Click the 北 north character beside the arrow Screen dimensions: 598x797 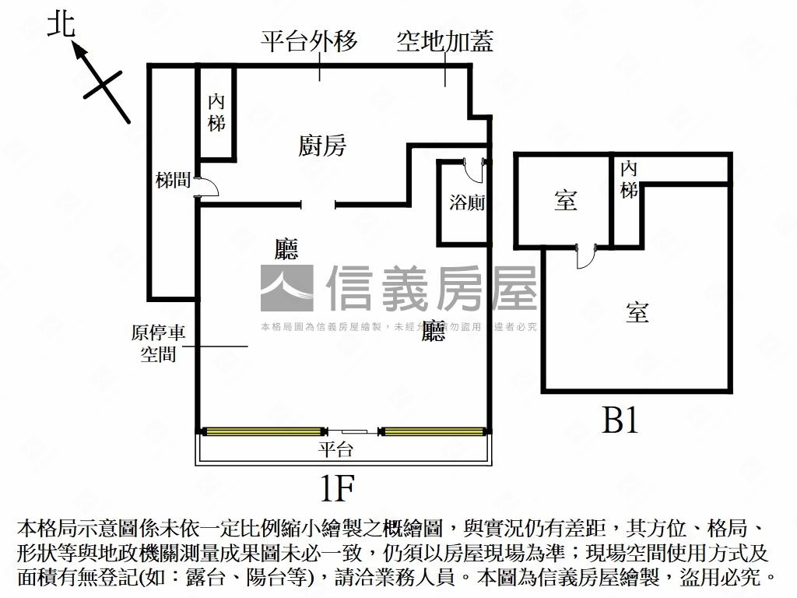point(61,25)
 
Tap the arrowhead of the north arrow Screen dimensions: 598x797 point(78,50)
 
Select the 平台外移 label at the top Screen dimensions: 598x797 point(309,41)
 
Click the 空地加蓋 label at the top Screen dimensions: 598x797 point(445,41)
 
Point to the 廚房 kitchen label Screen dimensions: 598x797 point(322,145)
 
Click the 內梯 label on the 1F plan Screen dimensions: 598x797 point(216,112)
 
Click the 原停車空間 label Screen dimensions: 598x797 point(158,343)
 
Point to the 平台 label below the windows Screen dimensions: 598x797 point(336,449)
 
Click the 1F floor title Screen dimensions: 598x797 point(337,489)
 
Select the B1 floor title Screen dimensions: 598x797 point(620,421)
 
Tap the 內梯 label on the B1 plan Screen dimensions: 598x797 point(629,180)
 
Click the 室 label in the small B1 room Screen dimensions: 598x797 point(566,201)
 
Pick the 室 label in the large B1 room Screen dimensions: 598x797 point(637,313)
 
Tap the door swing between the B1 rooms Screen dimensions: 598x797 point(585,257)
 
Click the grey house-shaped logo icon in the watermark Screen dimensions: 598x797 point(286,288)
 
